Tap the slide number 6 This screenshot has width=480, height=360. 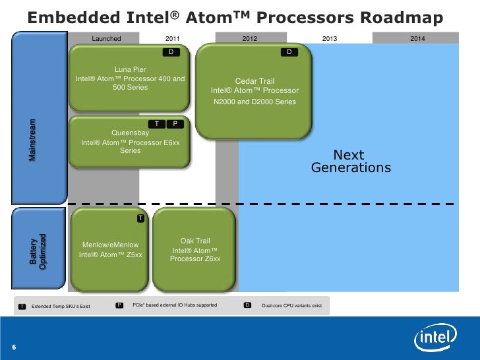tap(14, 347)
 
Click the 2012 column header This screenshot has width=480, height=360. tap(250, 39)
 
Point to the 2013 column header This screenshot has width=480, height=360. tap(329, 39)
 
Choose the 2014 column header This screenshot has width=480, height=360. tap(417, 39)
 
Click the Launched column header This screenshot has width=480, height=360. tap(106, 39)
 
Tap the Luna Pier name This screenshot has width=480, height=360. tap(131, 69)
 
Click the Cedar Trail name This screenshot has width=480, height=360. tap(255, 81)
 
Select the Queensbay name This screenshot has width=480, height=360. tap(130, 132)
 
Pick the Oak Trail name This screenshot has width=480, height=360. tap(195, 241)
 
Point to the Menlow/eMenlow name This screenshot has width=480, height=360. tap(110, 245)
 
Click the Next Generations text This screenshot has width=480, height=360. tap(350, 162)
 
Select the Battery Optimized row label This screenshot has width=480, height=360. tap(38, 251)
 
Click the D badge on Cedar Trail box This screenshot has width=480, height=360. tap(289, 51)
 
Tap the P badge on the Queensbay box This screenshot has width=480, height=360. tap(175, 123)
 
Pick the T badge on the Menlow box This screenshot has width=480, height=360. tap(140, 218)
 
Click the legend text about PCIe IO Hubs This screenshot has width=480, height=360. tap(175, 305)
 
